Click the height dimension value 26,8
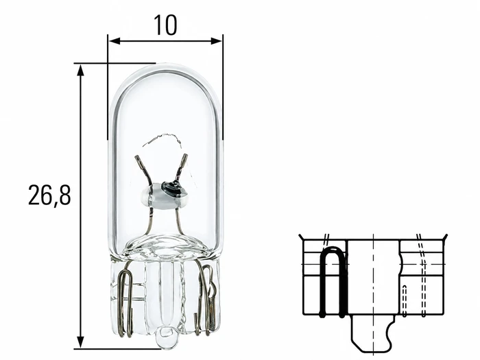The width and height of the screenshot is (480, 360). pos(49,195)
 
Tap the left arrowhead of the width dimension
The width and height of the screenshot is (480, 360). pos(113,40)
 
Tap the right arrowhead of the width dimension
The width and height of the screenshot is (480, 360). pos(217,40)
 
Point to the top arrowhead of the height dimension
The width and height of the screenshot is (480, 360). pos(80,70)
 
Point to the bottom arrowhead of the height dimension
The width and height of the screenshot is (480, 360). pos(80,342)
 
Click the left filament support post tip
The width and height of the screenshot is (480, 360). pos(137,158)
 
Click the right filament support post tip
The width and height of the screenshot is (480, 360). pos(184,157)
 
